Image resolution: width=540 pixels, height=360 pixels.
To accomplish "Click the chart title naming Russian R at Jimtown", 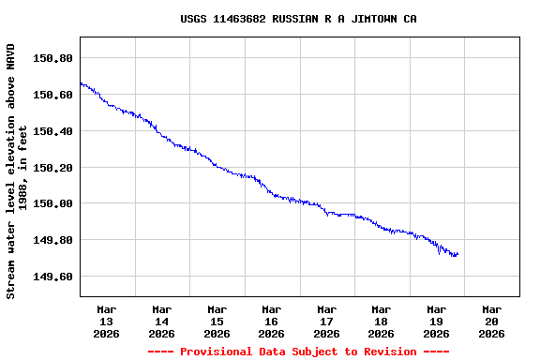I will (299, 19).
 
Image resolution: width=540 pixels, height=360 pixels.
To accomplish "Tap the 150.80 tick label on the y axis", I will (52, 58).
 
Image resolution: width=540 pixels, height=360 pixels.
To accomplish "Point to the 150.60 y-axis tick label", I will (52, 95).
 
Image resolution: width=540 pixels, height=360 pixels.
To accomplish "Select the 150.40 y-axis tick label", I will (52, 131).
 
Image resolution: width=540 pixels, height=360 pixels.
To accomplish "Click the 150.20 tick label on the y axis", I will (52, 168).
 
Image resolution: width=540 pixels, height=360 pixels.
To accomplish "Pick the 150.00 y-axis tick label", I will (52, 203).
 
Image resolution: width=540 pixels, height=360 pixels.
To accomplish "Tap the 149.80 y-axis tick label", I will (52, 240).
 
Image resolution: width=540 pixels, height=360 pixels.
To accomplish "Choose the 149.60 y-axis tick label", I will (52, 277).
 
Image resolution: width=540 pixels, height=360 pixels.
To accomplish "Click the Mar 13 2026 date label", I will (107, 321).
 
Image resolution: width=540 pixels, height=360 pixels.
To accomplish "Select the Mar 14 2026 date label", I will (161, 321).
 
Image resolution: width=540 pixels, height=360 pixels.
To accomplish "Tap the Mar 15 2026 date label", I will (217, 321).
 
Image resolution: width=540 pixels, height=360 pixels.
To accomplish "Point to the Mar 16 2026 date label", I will (272, 321).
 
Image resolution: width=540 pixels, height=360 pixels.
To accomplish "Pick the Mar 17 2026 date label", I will (326, 321).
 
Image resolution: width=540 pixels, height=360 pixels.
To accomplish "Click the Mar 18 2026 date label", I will (382, 321).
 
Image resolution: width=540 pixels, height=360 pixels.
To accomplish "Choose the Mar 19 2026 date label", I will (436, 321).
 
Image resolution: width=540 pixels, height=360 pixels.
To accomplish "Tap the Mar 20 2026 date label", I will (491, 321).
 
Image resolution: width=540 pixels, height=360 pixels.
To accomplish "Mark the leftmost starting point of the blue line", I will (81, 83).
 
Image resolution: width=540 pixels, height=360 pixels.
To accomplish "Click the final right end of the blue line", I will (457, 254).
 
